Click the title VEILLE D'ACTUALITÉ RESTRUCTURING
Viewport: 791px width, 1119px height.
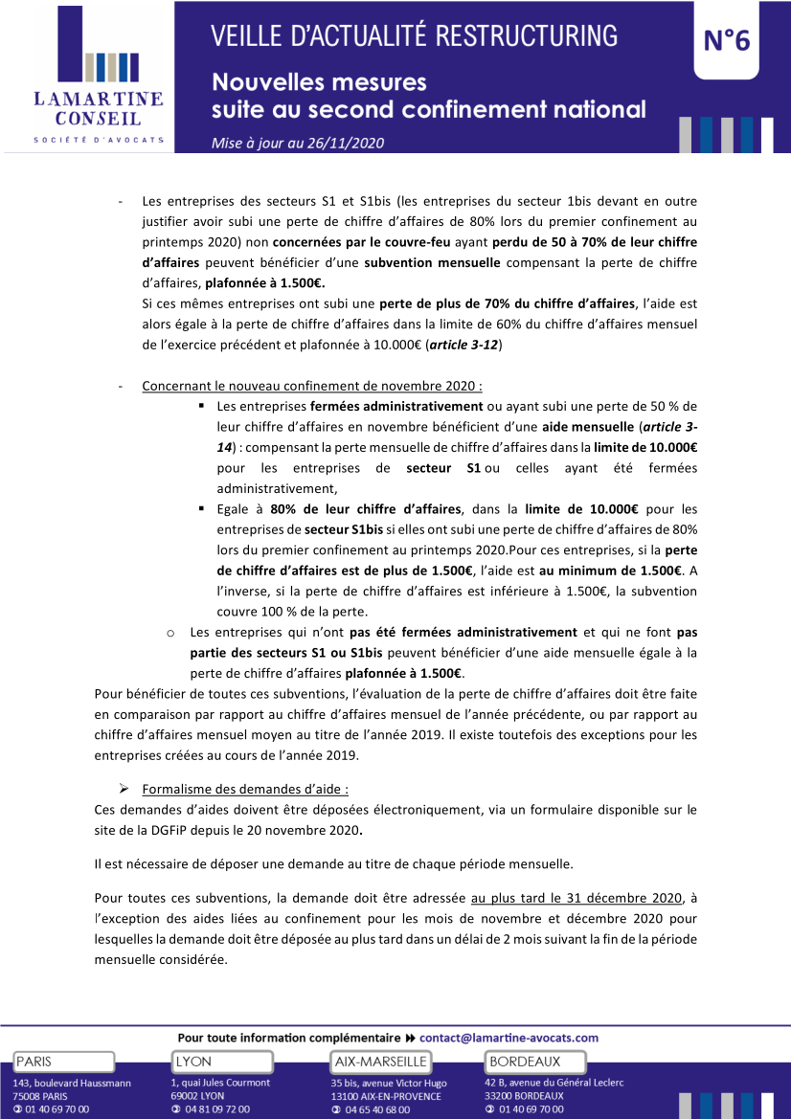(x=415, y=36)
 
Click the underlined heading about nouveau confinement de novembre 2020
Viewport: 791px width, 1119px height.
(x=311, y=386)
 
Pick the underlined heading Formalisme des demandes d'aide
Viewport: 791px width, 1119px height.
(x=245, y=789)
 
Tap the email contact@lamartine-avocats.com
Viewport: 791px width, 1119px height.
(x=508, y=1038)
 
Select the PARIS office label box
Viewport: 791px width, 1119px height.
(x=63, y=1062)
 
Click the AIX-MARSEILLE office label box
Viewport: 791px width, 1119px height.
(x=380, y=1062)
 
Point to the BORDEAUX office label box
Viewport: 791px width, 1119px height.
(x=537, y=1062)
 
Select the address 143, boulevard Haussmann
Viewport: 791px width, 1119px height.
(x=66, y=1083)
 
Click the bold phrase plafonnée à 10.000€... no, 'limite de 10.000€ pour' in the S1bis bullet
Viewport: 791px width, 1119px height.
(x=602, y=508)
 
